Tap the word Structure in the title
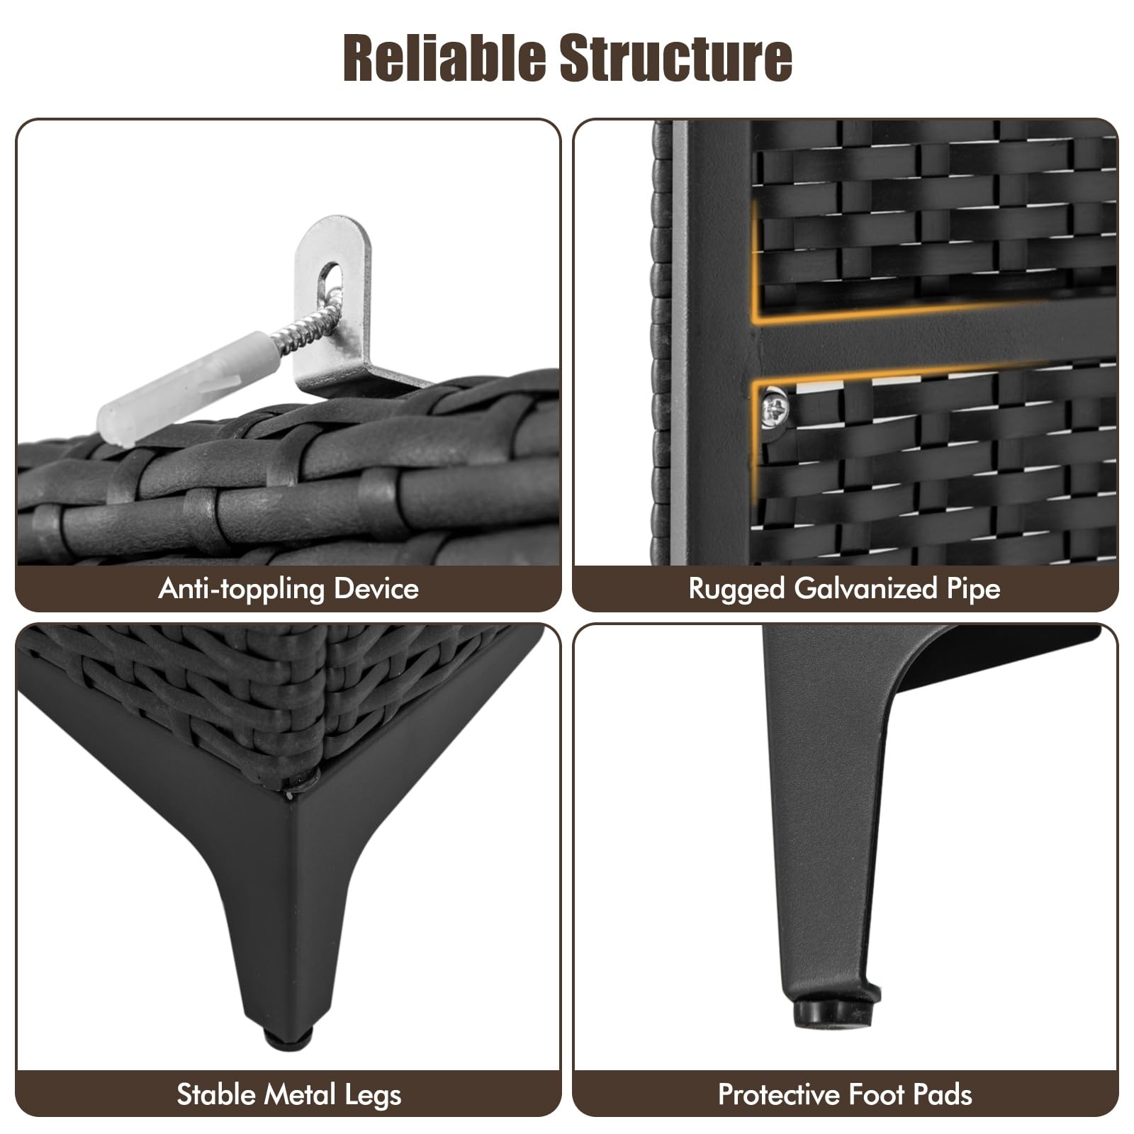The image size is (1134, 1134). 676,58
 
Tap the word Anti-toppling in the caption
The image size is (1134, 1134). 238,589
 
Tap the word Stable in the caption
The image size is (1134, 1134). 216,1095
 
